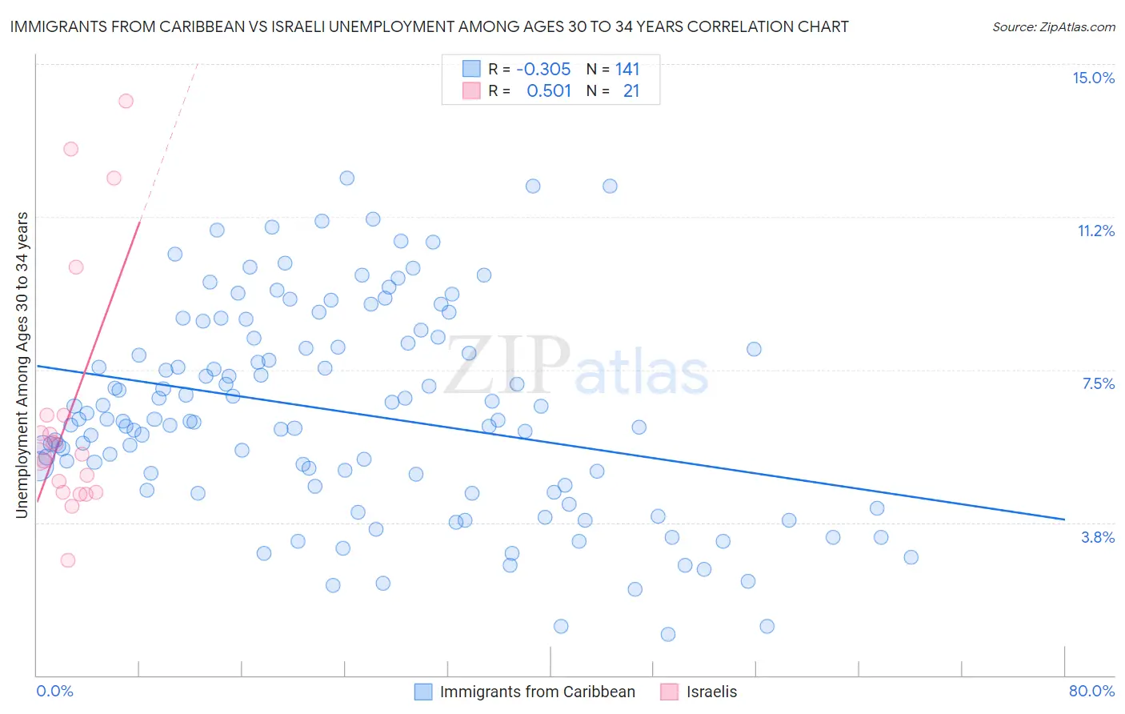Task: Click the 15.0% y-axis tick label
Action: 1093,78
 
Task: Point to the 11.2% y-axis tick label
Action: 1095,231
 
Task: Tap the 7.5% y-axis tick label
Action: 1098,383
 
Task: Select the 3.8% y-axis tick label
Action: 1098,537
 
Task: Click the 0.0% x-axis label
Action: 54,691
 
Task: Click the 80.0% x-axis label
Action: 1091,691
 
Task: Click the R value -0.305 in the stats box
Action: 543,69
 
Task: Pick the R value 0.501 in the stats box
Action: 549,91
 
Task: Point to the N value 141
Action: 627,69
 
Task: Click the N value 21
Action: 631,91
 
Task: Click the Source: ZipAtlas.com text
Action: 1053,26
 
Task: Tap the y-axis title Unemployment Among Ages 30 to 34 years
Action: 22,365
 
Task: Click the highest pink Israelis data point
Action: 126,101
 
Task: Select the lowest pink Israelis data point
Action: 68,560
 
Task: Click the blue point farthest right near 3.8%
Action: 911,557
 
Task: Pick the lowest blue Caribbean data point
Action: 668,634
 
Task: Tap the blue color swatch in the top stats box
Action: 471,69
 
